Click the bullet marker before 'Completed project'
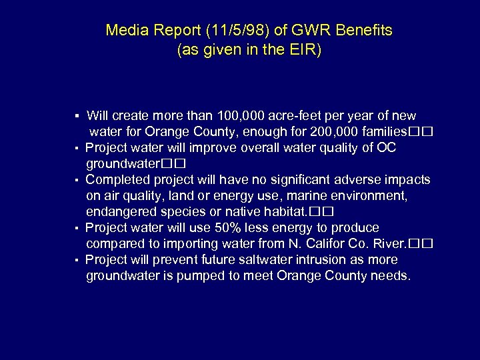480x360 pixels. point(77,181)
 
